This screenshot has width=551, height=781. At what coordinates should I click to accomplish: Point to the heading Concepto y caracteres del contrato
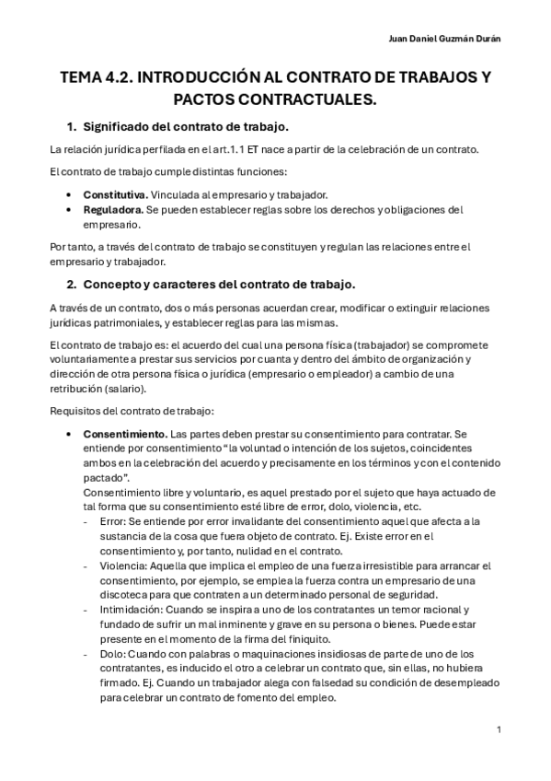coord(218,283)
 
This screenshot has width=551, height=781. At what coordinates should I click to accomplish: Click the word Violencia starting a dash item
coord(118,565)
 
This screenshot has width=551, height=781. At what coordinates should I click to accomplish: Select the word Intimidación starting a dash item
coord(126,610)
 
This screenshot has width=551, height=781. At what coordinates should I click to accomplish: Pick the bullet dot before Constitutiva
coord(70,194)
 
